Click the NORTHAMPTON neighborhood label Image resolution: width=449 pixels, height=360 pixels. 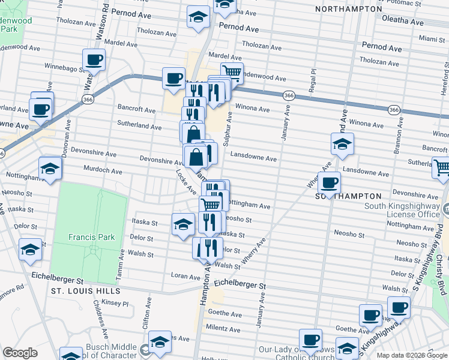349,10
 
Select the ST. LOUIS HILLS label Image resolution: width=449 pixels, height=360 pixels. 85,291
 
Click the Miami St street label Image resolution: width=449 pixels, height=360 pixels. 432,38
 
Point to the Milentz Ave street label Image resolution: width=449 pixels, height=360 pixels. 223,329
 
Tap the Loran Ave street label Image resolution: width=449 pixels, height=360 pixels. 185,277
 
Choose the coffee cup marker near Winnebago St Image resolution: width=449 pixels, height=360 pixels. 95,60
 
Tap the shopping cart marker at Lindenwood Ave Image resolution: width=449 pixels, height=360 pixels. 232,73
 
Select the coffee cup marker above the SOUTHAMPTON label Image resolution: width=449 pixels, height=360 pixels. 329,182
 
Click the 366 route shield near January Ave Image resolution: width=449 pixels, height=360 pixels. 289,95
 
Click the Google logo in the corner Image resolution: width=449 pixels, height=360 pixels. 20,353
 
